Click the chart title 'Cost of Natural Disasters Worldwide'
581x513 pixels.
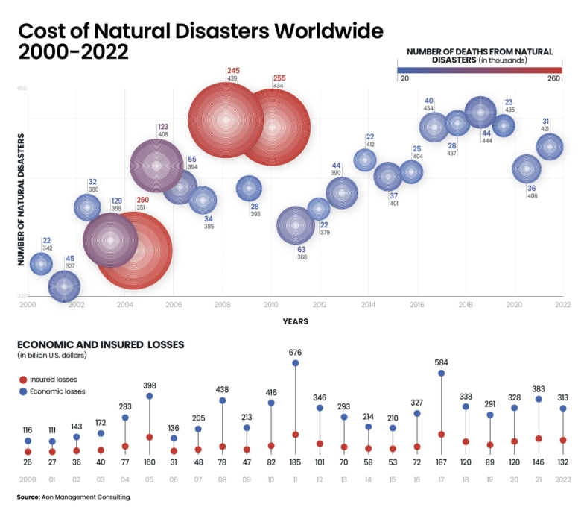[200, 31]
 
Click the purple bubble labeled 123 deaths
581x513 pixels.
[156, 166]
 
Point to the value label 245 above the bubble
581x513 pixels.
[232, 71]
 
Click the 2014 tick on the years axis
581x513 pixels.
[368, 304]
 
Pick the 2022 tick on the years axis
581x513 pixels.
[562, 304]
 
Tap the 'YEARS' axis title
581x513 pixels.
[296, 321]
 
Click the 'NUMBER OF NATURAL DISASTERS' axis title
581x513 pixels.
[21, 200]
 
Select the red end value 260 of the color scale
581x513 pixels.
[554, 78]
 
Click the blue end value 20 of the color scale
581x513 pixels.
[404, 78]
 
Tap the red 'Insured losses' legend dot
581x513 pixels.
[22, 380]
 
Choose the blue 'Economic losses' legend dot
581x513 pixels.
[22, 391]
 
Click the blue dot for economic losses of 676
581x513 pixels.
[296, 363]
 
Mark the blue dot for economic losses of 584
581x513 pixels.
[441, 372]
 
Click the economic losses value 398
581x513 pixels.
[150, 385]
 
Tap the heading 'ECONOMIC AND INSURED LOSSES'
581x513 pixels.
[101, 344]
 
